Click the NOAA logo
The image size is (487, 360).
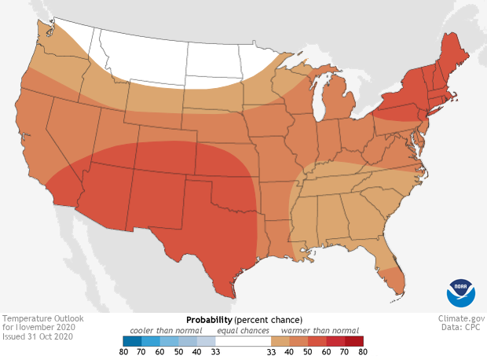461,292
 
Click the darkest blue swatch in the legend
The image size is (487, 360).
132,341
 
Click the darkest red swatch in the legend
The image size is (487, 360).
354,341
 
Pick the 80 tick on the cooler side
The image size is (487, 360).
123,353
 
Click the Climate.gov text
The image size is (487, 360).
461,319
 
